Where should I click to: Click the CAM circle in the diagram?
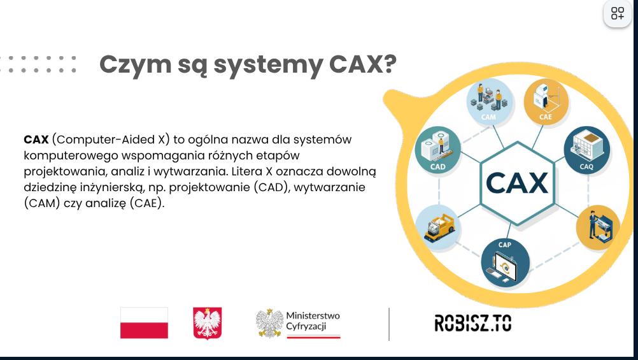pos(489,102)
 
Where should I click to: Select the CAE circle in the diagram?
pos(546,102)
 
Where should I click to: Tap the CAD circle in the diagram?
pos(438,149)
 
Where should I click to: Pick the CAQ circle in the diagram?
pos(586,149)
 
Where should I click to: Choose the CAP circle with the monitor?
pos(505,263)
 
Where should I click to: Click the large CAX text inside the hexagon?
pos(517,183)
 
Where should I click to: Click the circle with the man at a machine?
pos(598,227)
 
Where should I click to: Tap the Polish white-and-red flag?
pos(144,323)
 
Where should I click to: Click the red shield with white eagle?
pos(208,323)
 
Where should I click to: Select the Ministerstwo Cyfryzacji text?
pos(313,321)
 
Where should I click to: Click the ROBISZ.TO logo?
pos(473,323)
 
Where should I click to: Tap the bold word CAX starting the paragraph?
pos(36,140)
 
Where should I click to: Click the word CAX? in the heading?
pos(362,64)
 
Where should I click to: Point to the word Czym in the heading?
pos(135,65)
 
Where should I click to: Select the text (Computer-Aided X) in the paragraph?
pos(111,140)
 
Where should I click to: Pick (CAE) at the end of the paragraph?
pos(147,203)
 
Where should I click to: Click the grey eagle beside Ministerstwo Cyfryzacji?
pos(269,323)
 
